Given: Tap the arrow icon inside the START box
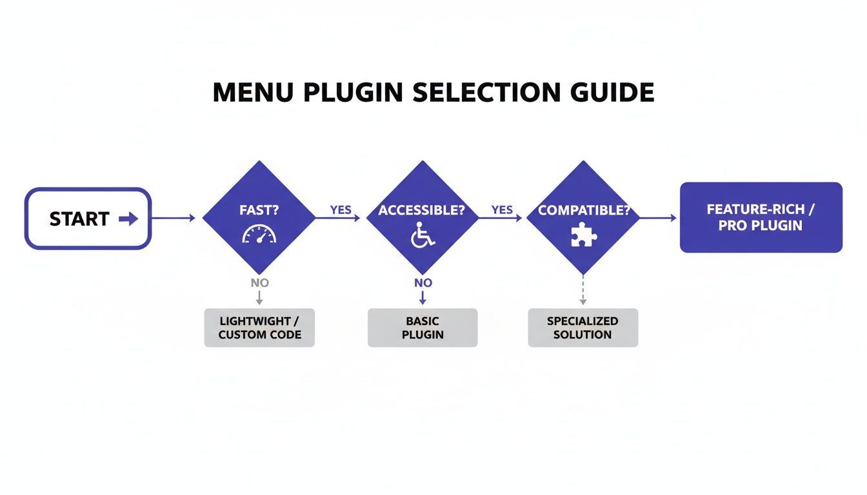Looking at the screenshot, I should (x=128, y=219).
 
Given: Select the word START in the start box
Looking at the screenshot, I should (x=79, y=219).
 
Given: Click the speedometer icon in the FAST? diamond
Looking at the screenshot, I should (x=259, y=235).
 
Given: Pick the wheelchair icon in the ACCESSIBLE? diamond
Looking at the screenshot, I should (x=422, y=235).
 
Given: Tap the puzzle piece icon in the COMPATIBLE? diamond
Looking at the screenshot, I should (x=584, y=235).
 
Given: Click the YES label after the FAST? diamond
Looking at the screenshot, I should (x=341, y=210).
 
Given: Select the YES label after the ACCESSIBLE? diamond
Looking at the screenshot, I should (x=502, y=210).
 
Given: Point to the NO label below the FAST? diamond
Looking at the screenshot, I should (x=259, y=283).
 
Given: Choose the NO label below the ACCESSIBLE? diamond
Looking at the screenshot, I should (x=423, y=283).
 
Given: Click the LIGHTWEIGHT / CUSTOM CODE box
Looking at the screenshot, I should (x=259, y=328).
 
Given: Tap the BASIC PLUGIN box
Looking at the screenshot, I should (x=423, y=328).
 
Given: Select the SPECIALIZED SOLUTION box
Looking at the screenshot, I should (x=583, y=328).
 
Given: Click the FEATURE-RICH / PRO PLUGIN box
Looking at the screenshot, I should (x=761, y=217).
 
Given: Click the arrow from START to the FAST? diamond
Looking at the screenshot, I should (x=173, y=218).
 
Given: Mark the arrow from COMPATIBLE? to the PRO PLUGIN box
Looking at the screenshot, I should (x=658, y=218).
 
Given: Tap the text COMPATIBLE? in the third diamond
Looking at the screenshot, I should (x=583, y=210).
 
